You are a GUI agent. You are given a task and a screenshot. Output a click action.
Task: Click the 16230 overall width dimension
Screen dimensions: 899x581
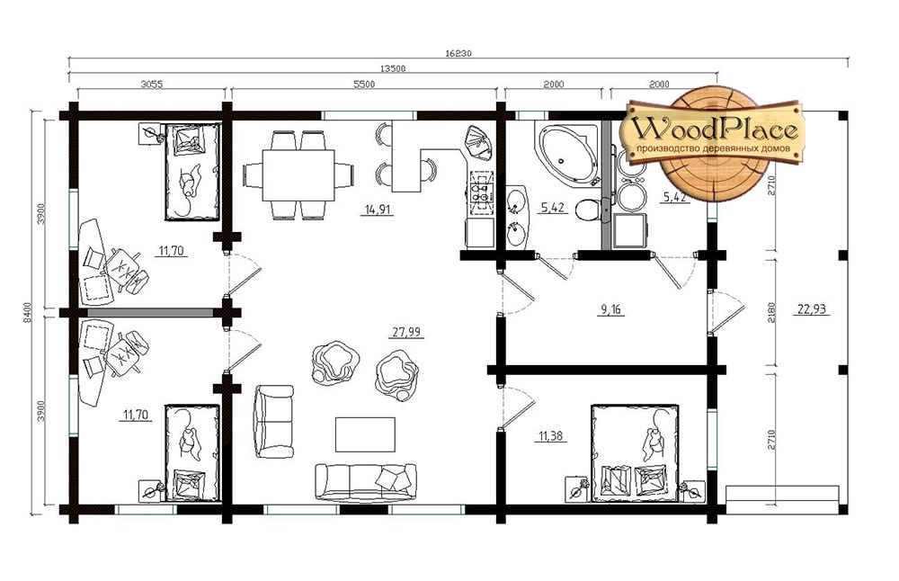point(458,53)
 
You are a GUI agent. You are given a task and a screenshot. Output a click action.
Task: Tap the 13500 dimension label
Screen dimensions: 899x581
point(393,68)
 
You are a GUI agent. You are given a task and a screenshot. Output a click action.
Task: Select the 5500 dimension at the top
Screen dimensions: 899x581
point(364,85)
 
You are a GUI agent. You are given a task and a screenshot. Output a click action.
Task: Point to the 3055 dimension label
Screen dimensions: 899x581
point(152,85)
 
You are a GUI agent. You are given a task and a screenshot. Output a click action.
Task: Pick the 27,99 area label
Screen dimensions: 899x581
point(406,332)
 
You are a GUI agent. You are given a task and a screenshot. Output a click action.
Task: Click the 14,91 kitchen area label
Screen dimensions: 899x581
point(378,210)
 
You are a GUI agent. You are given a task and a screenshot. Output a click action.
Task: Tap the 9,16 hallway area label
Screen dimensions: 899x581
point(610,309)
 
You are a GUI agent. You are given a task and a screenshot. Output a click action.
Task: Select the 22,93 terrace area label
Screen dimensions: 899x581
point(812,309)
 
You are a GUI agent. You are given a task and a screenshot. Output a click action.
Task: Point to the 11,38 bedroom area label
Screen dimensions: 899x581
point(550,436)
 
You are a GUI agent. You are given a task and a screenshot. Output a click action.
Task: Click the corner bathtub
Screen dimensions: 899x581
point(565,153)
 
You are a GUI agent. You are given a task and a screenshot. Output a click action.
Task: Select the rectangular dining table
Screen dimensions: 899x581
point(298,175)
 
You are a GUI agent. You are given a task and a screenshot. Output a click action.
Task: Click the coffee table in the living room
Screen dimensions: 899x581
point(365,434)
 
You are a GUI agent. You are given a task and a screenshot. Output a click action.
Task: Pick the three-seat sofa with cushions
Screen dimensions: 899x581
point(366,482)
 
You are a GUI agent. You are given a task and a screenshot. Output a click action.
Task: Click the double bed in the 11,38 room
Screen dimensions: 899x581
point(636,453)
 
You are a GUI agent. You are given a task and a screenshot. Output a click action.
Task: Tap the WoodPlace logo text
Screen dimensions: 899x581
point(716,130)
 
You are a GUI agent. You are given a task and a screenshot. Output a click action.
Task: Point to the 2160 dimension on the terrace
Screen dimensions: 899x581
point(771,313)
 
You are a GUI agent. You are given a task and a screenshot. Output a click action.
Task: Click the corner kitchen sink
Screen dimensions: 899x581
point(478,143)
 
